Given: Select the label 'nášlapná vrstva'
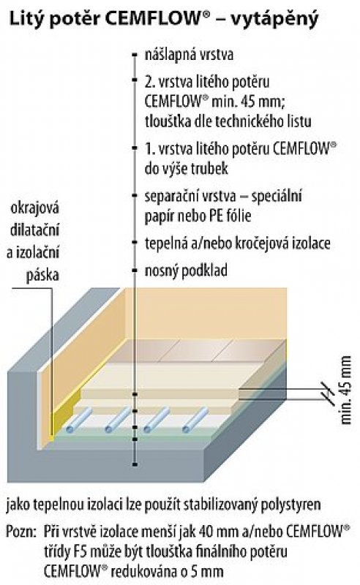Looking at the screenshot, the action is point(189,54).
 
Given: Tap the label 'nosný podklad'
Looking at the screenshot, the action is point(186,271).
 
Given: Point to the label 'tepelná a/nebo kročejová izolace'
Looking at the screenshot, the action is point(238,244).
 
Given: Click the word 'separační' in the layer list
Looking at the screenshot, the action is point(172,196).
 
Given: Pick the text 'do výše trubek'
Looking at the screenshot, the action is point(187,169).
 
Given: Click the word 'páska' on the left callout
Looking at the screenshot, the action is point(42,276).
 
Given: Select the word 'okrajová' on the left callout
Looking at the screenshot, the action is point(34,208).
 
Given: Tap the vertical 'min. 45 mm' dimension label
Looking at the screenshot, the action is point(346,390).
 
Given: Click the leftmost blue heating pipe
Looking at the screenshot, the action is point(80,420).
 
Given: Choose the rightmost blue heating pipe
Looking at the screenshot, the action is point(195,420).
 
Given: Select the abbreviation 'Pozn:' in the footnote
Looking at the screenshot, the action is point(22,532).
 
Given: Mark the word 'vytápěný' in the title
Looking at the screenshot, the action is point(275,20).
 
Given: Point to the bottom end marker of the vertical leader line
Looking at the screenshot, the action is point(135,464).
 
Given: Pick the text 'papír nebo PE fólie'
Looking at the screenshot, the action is point(198,216).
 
